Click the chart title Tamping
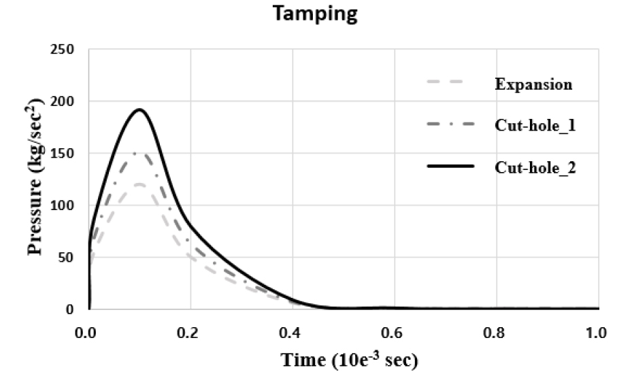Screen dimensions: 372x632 315,15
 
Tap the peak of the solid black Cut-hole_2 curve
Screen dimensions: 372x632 139,109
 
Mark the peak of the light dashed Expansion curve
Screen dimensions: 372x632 139,184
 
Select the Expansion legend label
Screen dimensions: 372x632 533,85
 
